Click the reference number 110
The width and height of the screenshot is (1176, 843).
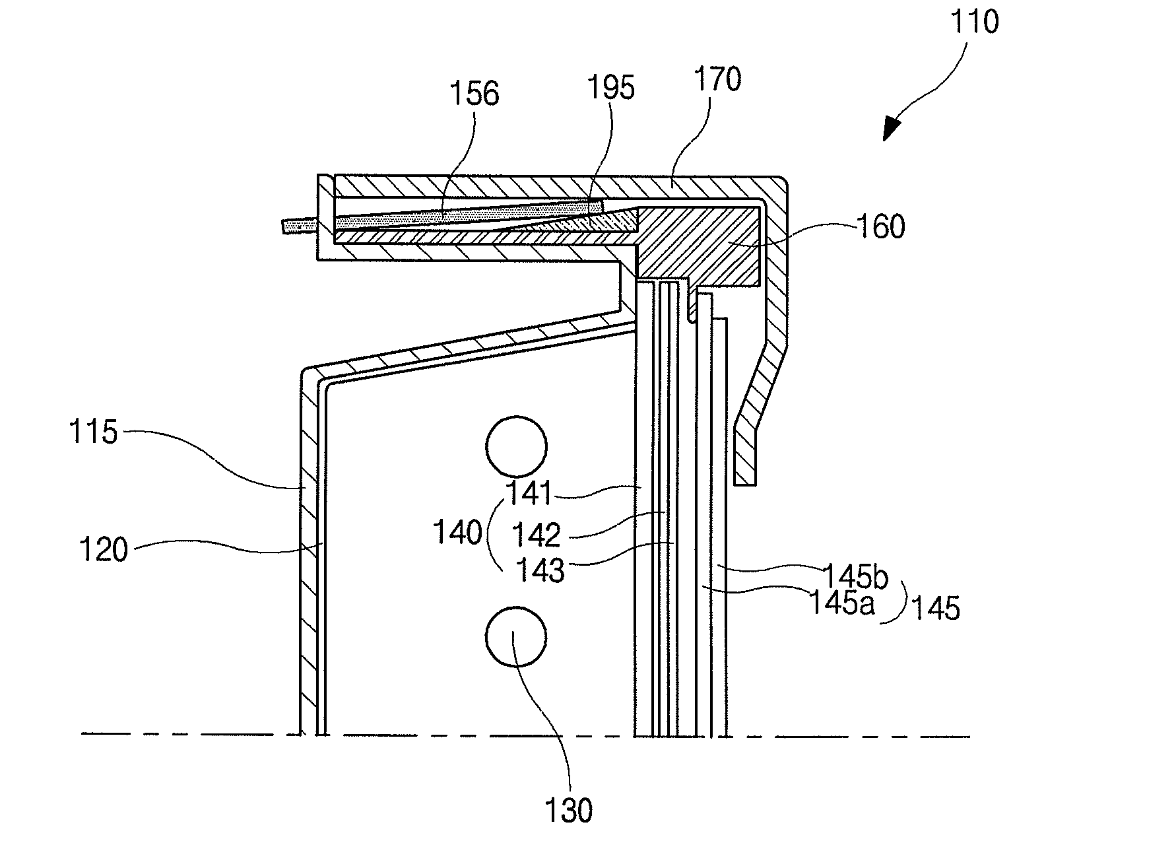pyautogui.click(x=974, y=22)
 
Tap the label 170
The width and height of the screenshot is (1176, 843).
pyautogui.click(x=717, y=81)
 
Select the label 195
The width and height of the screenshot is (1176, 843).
pyautogui.click(x=611, y=87)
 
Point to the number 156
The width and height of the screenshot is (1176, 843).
pyautogui.click(x=474, y=94)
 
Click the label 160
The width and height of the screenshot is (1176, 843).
pyautogui.click(x=880, y=226)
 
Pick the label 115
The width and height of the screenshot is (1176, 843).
pyautogui.click(x=93, y=433)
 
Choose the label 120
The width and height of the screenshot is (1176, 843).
pyautogui.click(x=104, y=549)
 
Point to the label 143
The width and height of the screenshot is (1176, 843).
pyautogui.click(x=540, y=570)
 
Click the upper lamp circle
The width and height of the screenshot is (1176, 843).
pyautogui.click(x=516, y=446)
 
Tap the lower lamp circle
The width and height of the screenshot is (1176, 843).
pyautogui.click(x=516, y=637)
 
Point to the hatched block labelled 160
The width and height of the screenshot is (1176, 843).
pyautogui.click(x=700, y=244)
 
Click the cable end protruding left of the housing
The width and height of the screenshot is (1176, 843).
pyautogui.click(x=298, y=226)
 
